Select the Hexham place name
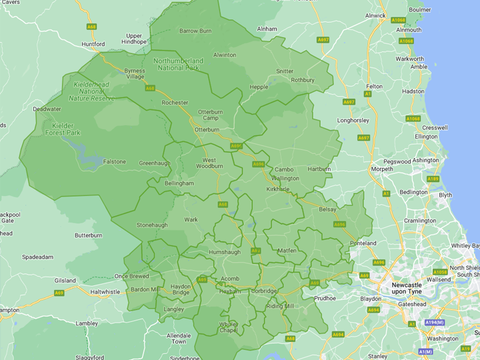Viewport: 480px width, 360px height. tap(229, 292)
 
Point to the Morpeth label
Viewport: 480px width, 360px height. tap(382, 169)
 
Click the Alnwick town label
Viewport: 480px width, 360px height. tap(375, 15)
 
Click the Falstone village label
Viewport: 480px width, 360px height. tap(114, 161)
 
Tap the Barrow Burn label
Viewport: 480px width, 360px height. tap(195, 31)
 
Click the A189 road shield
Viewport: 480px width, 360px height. tap(433, 179)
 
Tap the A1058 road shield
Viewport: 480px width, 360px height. tap(440, 272)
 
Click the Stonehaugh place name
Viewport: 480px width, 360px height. tap(153, 225)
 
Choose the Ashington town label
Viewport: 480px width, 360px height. tap(425, 161)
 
